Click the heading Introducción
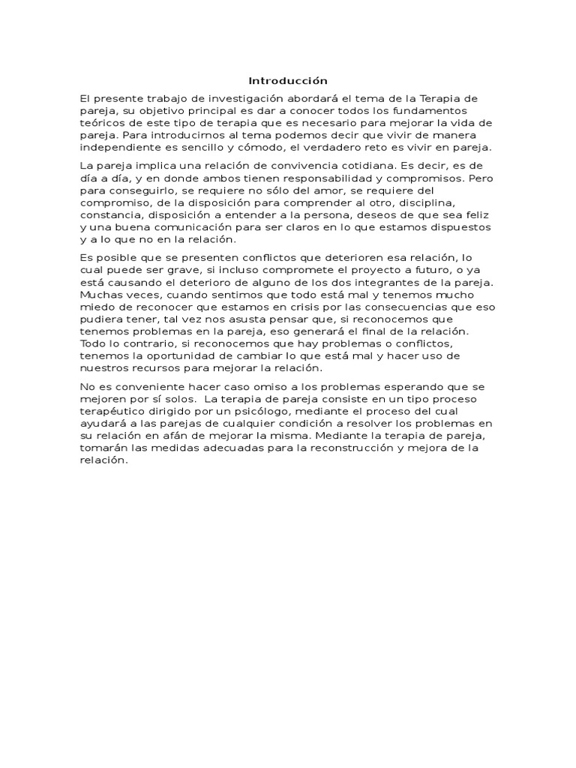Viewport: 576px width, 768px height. click(288, 81)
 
